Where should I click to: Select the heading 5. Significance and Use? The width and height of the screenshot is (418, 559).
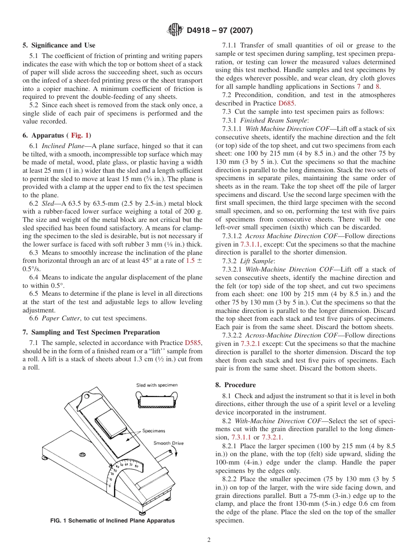(x=59, y=45)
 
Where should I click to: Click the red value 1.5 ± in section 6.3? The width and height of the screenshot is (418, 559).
(x=191, y=261)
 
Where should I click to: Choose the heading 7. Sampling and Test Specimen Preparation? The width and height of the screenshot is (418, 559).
(x=91, y=332)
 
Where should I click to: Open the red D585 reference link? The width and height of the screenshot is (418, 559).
(x=194, y=343)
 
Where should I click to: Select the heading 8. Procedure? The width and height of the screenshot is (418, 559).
(x=235, y=385)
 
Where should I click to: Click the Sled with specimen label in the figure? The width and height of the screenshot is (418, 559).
(x=157, y=385)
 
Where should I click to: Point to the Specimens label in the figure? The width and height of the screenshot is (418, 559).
(x=154, y=431)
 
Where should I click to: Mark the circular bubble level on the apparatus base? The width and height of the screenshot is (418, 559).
(x=81, y=454)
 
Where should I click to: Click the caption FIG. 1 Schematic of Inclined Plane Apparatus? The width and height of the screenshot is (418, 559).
(x=112, y=521)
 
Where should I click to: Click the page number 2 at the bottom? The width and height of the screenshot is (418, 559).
(x=209, y=540)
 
